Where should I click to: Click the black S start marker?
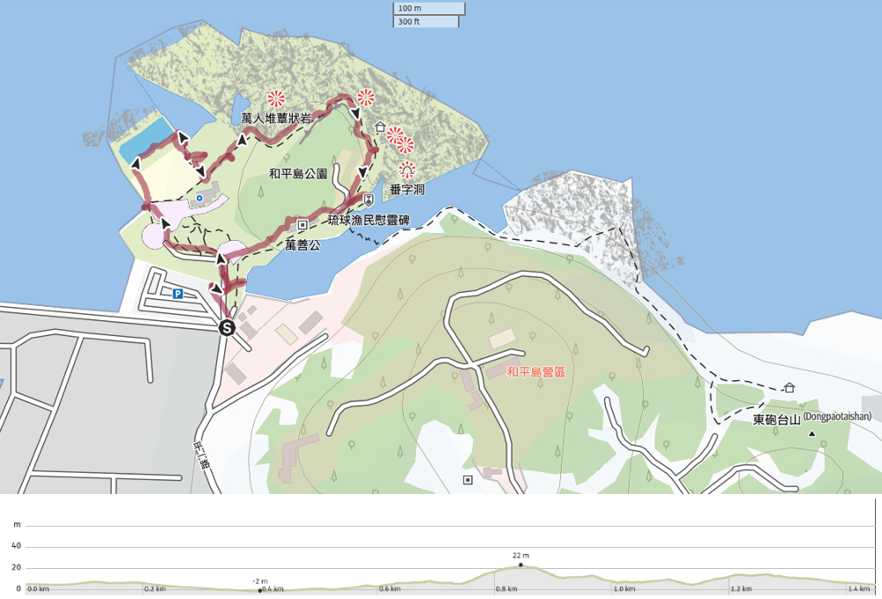227,327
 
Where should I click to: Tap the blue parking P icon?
177,294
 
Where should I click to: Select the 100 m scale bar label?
409,9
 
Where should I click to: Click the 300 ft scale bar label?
409,21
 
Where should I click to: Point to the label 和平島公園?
298,174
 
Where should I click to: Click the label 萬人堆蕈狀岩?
276,118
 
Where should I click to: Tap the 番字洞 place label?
407,189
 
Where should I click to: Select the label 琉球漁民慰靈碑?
368,219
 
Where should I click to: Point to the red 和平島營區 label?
535,372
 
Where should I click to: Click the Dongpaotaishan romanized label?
837,417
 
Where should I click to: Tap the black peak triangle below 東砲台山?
811,433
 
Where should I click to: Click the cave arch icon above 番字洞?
407,168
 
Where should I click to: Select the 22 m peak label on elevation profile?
520,556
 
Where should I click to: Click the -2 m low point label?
259,581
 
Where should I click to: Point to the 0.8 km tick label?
505,589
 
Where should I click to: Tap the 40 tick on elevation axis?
16,546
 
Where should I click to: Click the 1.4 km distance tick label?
858,589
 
